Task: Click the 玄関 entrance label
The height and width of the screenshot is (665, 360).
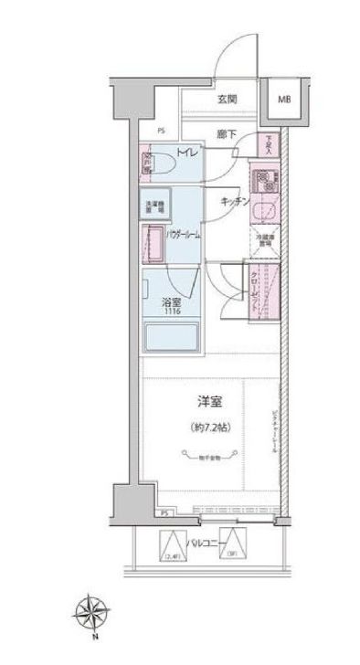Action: pos(228,100)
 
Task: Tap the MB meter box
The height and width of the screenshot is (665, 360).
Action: pos(284,100)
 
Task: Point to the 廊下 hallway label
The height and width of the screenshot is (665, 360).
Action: pos(228,134)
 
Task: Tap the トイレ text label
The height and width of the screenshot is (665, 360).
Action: pos(185,153)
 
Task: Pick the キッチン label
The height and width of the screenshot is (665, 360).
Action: pos(234,204)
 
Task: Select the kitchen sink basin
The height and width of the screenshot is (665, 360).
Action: pos(266,209)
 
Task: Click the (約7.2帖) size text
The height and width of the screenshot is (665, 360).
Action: pos(209,427)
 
